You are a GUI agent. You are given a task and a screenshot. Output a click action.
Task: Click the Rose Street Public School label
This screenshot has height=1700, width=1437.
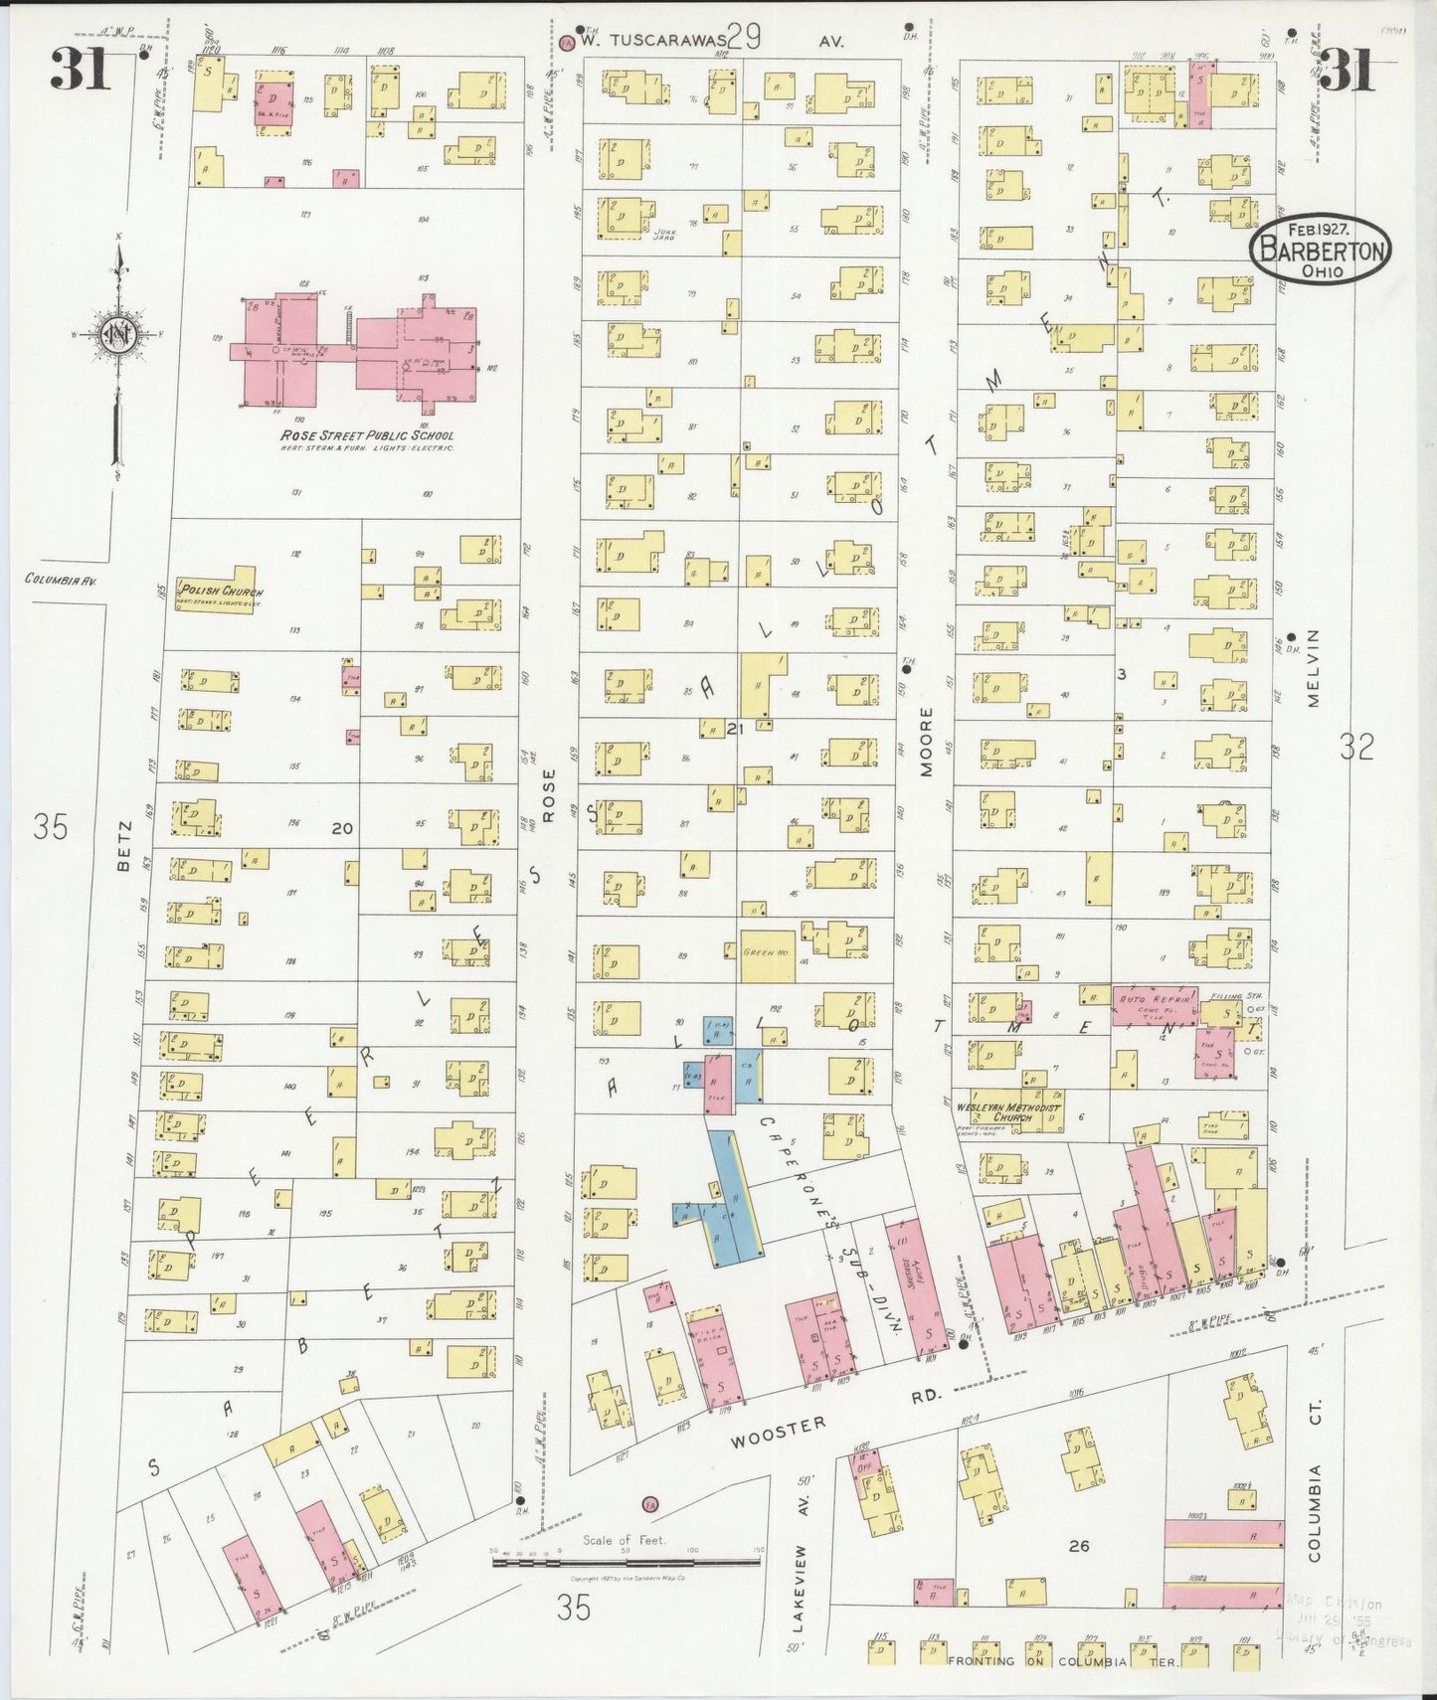[366, 435]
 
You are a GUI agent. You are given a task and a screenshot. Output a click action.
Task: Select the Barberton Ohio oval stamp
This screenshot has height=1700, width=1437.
[1320, 250]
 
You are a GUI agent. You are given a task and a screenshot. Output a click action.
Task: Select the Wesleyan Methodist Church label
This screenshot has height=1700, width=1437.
[1008, 1112]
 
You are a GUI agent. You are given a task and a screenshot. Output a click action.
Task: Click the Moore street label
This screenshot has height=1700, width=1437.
[927, 741]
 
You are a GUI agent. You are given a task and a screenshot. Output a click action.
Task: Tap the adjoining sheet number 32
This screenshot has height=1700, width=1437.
[1355, 747]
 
